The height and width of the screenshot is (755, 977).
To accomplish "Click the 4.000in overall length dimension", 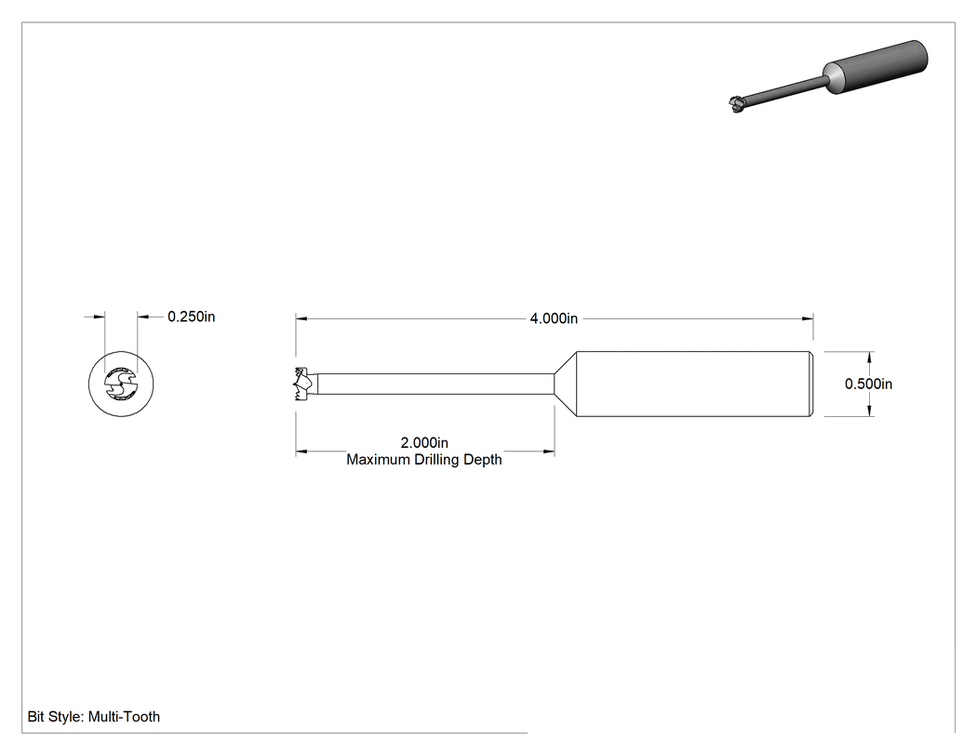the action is click(554, 318).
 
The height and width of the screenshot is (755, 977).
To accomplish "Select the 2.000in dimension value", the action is click(424, 442).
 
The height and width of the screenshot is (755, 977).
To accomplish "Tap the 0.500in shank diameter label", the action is click(868, 384).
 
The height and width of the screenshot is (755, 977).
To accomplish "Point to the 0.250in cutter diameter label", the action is click(192, 317).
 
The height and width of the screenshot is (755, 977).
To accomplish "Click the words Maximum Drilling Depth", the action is click(424, 460).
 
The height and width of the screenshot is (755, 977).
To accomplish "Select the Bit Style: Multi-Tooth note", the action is click(94, 717).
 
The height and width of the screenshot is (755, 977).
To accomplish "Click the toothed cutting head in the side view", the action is click(304, 384).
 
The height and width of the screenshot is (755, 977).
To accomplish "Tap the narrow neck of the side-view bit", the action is click(435, 384).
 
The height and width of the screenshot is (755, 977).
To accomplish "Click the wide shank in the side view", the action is click(694, 384).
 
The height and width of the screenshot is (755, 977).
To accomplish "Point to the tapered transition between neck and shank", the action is click(565, 384).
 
